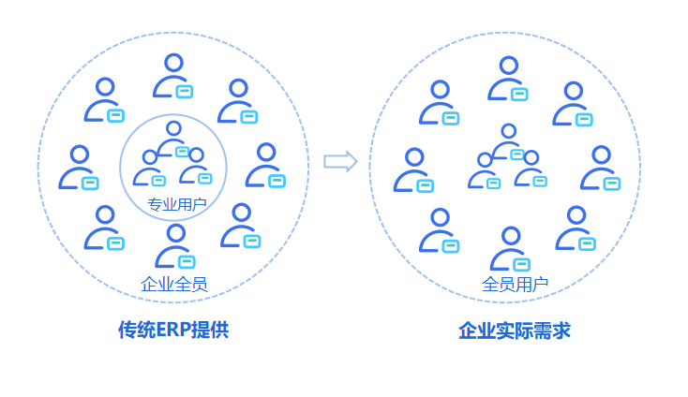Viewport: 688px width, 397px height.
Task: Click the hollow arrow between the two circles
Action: [340, 161]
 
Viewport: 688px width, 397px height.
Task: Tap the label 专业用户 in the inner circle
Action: [177, 203]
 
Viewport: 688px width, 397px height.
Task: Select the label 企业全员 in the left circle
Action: [173, 284]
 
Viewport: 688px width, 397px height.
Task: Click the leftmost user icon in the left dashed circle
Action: [79, 168]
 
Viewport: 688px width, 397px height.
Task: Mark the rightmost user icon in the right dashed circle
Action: [600, 168]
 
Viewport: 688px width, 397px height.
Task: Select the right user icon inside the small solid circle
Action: [196, 167]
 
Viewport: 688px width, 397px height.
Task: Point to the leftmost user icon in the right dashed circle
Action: [413, 170]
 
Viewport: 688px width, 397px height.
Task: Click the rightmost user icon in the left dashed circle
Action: [266, 166]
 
